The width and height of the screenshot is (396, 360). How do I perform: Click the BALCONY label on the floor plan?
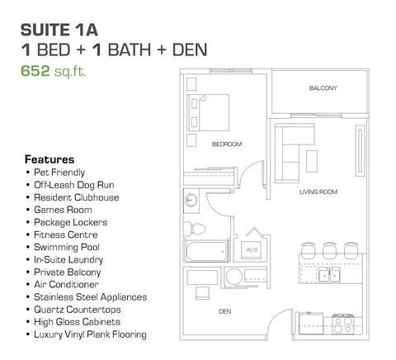click(x=323, y=88)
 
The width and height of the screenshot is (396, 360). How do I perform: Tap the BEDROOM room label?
click(x=227, y=144)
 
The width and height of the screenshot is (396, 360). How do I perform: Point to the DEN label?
click(x=224, y=311)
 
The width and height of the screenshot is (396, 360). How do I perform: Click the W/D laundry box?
click(x=251, y=249)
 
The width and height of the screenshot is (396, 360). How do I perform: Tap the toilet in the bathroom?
click(x=197, y=229)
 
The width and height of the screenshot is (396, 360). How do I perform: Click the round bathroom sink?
click(x=191, y=200)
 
